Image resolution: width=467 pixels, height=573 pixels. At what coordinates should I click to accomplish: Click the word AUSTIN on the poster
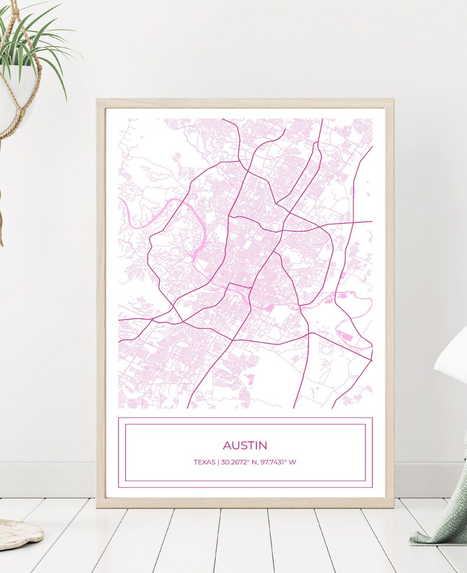coord(245,446)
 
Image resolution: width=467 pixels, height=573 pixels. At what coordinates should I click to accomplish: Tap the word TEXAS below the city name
coord(204,462)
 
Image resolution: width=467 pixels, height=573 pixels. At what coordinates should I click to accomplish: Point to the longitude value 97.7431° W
coord(278,462)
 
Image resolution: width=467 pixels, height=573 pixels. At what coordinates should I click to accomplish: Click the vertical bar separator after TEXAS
coord(218,462)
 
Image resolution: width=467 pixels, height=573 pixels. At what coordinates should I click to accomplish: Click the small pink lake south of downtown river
coord(269,307)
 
